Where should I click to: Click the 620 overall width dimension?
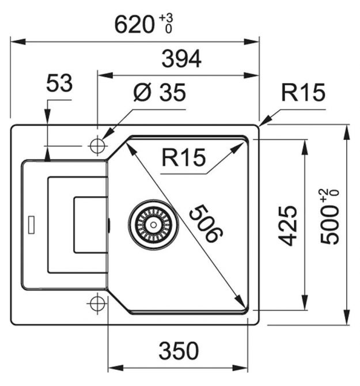click(x=134, y=25)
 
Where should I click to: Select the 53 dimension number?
click(x=59, y=84)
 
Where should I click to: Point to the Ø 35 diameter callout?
click(x=160, y=92)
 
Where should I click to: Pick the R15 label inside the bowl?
click(x=183, y=157)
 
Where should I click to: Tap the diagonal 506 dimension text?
click(x=204, y=223)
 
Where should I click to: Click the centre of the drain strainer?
click(x=153, y=221)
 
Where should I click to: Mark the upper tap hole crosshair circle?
click(x=97, y=145)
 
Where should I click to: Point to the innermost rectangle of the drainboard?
click(x=89, y=225)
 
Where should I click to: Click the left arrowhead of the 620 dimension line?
click(x=15, y=41)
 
